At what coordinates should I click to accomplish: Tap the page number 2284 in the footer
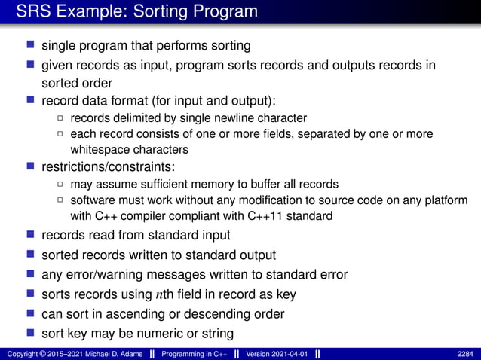click(466, 354)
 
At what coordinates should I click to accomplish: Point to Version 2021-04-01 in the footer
click(276, 354)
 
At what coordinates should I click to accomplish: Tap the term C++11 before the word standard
click(265, 215)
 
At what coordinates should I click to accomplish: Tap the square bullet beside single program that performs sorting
click(30, 46)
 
